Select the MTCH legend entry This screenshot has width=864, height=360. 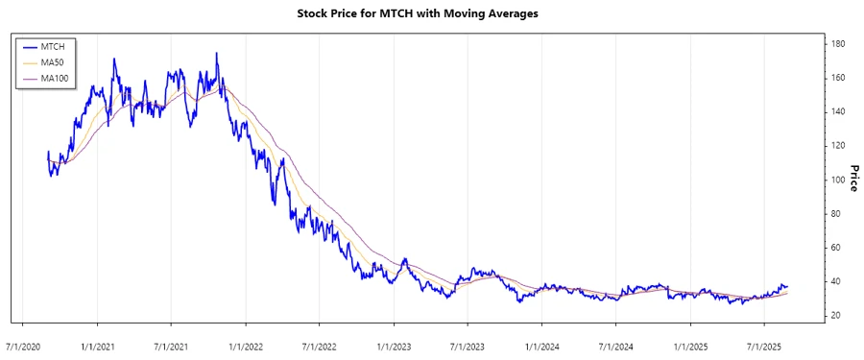[x=52, y=46]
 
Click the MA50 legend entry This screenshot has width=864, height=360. [x=52, y=61]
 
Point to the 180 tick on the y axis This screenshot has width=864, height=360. [x=838, y=44]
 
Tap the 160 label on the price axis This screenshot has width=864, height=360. [x=838, y=78]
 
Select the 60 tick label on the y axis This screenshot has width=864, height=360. [x=838, y=248]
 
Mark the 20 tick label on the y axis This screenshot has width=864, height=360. [x=838, y=316]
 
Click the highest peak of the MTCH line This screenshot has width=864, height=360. [x=216, y=54]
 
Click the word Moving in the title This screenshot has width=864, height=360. [x=490, y=14]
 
